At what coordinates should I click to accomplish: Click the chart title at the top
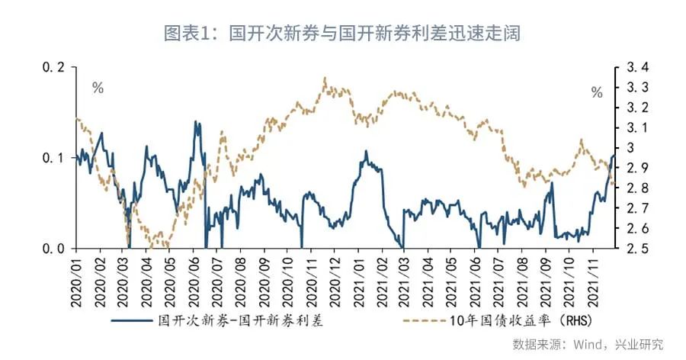342,34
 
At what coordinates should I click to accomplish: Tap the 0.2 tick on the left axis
54,67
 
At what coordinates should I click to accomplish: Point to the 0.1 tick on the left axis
54,158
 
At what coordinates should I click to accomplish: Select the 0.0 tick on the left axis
54,249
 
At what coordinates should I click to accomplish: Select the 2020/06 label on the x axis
194,281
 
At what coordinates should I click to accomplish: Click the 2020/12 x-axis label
333,281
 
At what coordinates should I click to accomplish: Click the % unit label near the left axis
98,88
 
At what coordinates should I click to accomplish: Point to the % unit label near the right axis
597,93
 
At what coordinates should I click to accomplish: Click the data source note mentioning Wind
587,345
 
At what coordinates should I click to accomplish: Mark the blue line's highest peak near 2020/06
196,121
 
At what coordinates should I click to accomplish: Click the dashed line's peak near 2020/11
325,78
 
